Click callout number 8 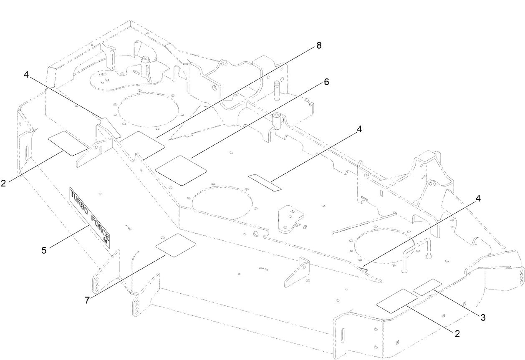(x=319, y=46)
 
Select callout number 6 (x=326, y=82)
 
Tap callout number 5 (x=44, y=250)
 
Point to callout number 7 (x=87, y=300)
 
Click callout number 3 (x=483, y=317)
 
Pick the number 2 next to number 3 (x=457, y=333)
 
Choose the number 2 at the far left (x=3, y=183)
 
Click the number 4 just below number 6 (x=359, y=129)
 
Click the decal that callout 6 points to (x=181, y=170)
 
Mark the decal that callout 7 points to (x=175, y=245)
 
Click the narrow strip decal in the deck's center (x=265, y=183)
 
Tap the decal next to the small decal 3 (x=397, y=299)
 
